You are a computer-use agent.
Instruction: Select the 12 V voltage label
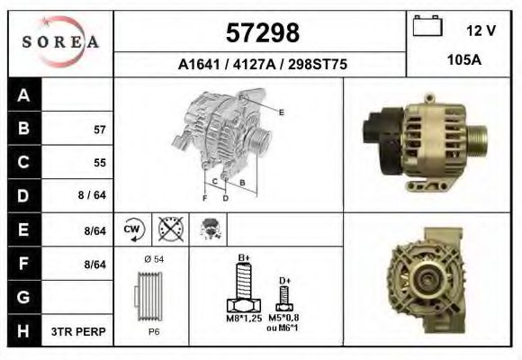point(481,31)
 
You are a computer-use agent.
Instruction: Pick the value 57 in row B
point(99,130)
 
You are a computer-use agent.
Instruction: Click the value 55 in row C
point(99,163)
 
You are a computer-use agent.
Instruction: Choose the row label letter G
point(23,297)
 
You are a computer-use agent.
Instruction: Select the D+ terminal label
point(284,282)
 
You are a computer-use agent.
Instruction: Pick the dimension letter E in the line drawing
point(282,112)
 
